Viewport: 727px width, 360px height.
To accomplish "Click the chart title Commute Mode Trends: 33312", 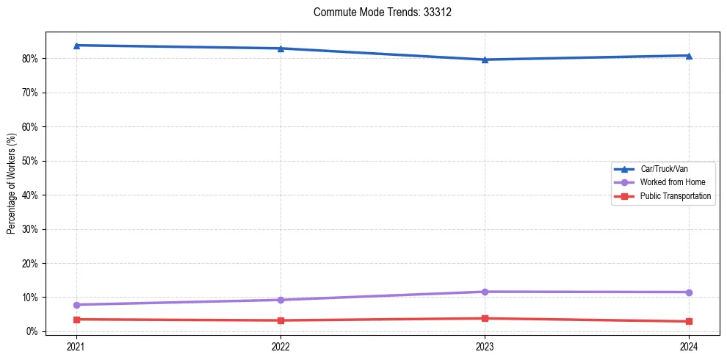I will coord(377,12).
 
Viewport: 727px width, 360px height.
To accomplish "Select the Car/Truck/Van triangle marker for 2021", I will coord(76,46).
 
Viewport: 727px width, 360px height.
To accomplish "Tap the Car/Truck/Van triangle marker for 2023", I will coord(485,60).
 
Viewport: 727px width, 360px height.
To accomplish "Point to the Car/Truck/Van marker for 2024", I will coord(689,56).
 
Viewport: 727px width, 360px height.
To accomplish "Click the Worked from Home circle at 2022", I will coord(281,300).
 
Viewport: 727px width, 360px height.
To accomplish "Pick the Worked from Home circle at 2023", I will coord(485,292).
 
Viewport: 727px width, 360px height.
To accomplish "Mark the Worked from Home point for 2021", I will coord(76,305).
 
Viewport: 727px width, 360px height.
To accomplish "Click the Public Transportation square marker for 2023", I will coord(485,318).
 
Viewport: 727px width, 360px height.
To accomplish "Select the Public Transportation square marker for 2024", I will coord(689,321).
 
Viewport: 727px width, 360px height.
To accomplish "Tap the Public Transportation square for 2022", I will coord(281,320).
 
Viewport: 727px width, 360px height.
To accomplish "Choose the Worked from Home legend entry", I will coord(673,182).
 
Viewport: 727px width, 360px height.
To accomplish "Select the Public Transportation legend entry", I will coord(676,196).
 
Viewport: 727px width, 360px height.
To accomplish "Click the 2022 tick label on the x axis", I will coord(281,345).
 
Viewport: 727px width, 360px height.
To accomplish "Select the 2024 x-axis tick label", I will coord(689,345).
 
